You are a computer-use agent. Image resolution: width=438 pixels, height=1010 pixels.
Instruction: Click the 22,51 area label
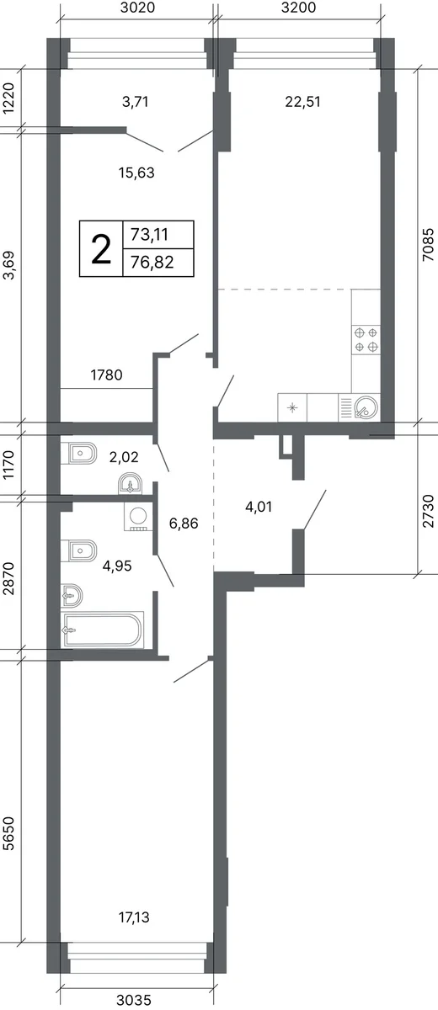302,102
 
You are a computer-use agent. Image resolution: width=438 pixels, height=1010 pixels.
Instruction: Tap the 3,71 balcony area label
136,102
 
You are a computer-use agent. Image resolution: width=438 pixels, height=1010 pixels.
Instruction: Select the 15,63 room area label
136,173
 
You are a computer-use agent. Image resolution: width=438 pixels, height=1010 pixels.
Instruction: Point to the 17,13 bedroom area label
134,917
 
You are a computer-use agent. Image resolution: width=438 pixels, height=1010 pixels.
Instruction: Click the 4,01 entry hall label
259,507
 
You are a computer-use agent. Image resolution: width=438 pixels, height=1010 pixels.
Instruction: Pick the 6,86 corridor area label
184,524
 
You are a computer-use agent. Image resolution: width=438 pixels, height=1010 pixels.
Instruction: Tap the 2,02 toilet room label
124,457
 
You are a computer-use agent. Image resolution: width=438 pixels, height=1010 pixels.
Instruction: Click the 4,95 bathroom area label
117,566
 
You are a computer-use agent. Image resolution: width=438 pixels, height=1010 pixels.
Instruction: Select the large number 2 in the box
101,250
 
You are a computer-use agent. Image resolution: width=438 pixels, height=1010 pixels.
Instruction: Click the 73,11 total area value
149,235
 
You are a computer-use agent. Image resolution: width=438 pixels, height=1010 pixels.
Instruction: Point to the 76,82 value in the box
152,262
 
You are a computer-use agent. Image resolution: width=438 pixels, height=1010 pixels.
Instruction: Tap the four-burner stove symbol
366,339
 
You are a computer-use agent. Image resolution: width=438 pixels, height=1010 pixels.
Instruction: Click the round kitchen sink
366,407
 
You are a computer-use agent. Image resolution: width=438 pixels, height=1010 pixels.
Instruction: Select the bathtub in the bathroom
103,630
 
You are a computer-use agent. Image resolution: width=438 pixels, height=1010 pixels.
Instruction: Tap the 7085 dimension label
428,245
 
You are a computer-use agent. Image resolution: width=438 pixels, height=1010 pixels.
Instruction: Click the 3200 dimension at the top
298,8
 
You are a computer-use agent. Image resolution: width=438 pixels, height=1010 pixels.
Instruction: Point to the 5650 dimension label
8,834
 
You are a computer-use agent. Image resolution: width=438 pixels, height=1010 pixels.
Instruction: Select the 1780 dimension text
106,375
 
